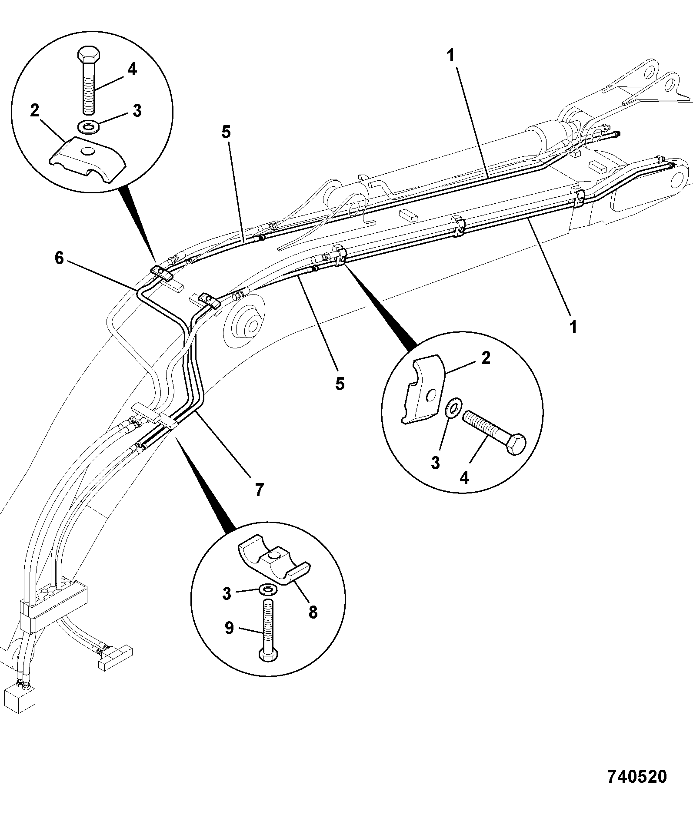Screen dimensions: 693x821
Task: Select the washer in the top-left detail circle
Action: coord(89,128)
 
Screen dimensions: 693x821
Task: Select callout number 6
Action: coord(59,258)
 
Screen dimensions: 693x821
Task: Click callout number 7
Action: coord(259,490)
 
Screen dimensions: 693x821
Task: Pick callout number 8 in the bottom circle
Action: coord(313,612)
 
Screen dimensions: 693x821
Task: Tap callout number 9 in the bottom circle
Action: coord(229,628)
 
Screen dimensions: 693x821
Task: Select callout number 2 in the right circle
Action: coord(486,358)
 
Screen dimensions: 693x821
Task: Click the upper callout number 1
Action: coord(450,55)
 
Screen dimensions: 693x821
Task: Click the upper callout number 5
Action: coord(226,132)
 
